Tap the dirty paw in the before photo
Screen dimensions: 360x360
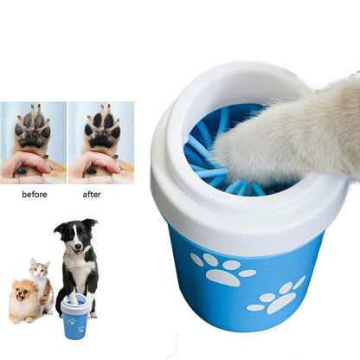(x=32, y=130)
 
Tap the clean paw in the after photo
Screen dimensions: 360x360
(x=102, y=130)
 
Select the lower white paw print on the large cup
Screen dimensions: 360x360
(x=278, y=298)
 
